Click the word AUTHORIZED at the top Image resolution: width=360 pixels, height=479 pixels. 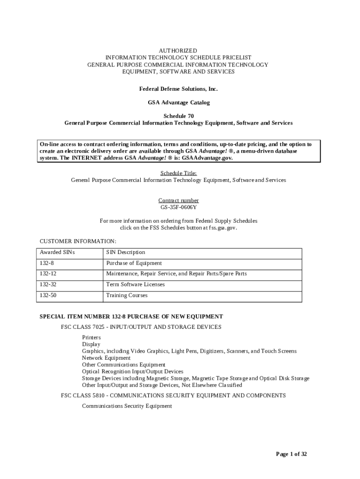[178, 51]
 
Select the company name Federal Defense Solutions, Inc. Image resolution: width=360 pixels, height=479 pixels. [178, 89]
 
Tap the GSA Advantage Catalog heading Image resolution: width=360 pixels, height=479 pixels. [178, 102]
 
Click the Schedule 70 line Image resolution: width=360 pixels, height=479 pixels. [178, 116]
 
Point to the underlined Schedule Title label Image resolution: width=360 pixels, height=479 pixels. [178, 173]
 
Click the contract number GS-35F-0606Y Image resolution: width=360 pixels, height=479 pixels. [178, 207]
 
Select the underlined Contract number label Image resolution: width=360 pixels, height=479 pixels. [178, 200]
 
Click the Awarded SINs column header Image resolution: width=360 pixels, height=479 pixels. [57, 253]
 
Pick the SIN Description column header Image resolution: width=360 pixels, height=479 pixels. [125, 253]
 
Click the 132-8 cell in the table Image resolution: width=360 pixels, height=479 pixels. [47, 263]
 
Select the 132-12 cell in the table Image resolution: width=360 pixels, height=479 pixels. [48, 274]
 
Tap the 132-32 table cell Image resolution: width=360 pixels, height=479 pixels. [48, 284]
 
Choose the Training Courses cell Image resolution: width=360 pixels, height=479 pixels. [127, 296]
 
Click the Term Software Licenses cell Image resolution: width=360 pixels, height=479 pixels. [136, 284]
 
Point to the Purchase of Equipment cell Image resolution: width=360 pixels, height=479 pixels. [134, 263]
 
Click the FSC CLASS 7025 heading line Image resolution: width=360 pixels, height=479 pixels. [141, 327]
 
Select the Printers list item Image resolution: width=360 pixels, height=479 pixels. [91, 337]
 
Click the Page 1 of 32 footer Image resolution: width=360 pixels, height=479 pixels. [291, 454]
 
